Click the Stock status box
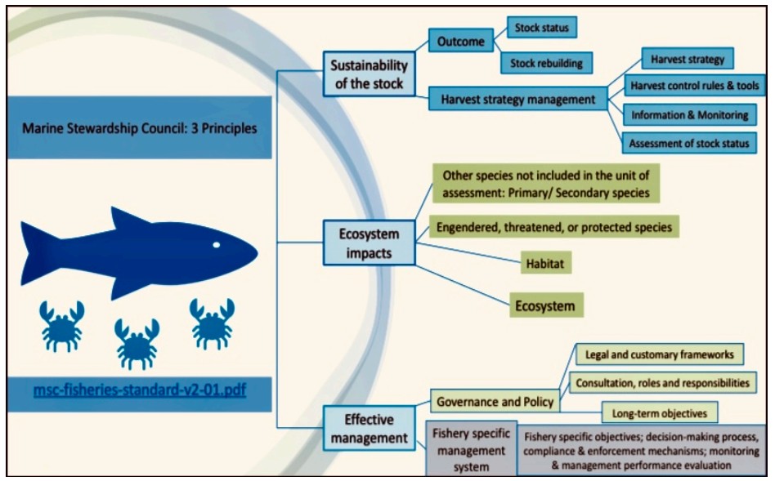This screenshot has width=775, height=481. point(542,28)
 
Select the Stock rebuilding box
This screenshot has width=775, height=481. point(546,63)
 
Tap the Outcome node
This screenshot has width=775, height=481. point(460,41)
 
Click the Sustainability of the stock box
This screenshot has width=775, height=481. point(369,74)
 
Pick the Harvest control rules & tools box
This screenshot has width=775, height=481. point(694,86)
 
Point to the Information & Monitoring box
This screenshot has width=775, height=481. point(689,115)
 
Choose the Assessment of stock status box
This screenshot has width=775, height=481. point(689,143)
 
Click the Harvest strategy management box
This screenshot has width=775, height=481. point(517,100)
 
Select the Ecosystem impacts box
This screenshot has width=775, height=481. point(369,243)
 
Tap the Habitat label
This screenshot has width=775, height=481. point(545,263)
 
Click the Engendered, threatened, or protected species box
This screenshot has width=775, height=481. point(554,227)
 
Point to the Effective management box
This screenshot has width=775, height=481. point(369,428)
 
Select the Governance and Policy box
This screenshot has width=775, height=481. point(495,402)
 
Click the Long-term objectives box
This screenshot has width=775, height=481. point(660,413)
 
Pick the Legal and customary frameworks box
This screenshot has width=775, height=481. point(660,354)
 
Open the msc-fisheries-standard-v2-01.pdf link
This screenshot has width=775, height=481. point(139,390)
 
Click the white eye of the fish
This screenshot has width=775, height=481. point(216,245)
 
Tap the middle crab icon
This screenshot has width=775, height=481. point(137,343)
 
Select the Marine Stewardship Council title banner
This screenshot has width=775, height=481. point(139,128)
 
